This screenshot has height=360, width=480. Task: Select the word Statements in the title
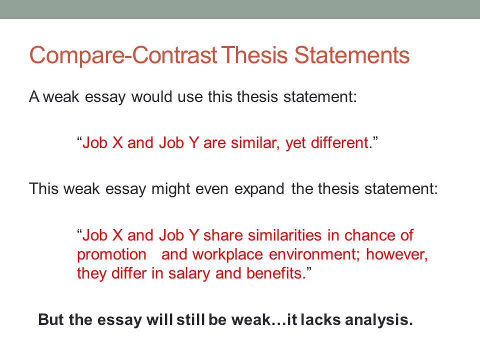pos(352,56)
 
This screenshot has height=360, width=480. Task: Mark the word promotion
pos(111,254)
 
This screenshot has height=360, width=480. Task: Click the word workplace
pos(228,254)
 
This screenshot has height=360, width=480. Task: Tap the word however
pos(397,254)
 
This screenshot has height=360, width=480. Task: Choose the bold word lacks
pos(323,320)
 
